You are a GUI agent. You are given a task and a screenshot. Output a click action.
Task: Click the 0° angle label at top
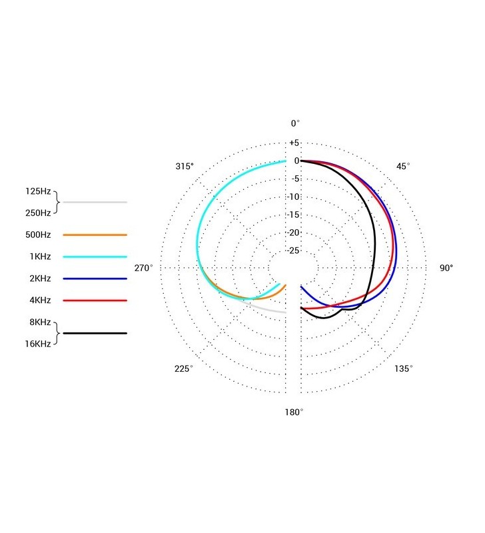pos(295,123)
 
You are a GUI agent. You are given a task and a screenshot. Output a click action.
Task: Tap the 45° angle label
pos(403,166)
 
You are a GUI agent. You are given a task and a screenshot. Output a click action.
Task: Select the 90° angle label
pos(446,268)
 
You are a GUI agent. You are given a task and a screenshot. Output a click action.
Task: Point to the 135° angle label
pos(404,369)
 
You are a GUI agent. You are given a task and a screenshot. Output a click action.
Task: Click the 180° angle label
pos(294,412)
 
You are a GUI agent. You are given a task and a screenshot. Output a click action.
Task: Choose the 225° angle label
pos(184,369)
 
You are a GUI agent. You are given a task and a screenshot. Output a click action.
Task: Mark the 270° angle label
pos(144,268)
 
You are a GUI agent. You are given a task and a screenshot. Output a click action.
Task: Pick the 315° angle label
pos(185,166)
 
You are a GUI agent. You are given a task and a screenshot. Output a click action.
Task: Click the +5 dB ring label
pos(294,143)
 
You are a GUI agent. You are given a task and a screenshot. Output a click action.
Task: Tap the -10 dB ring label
pos(294,197)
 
